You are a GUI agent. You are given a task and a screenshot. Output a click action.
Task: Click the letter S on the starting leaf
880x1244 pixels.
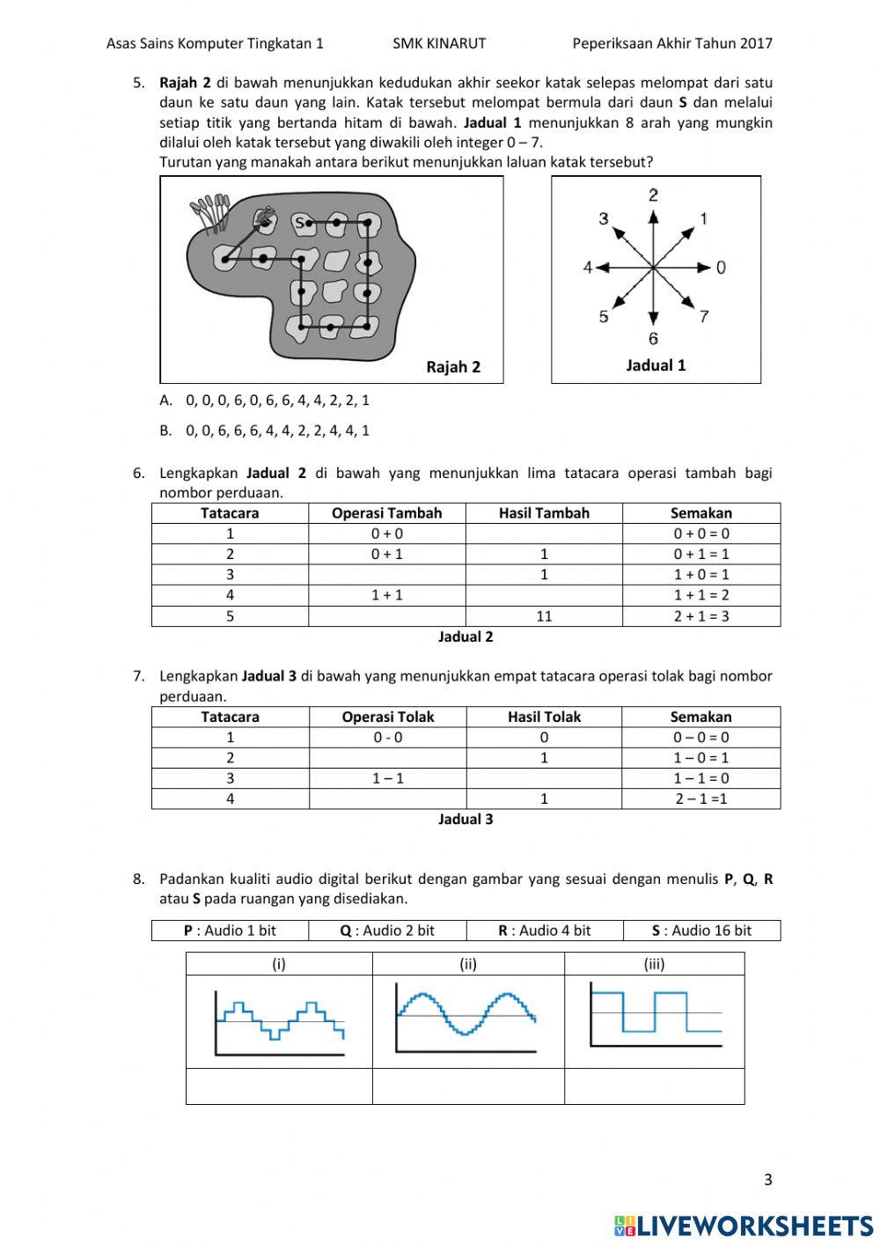click(x=299, y=223)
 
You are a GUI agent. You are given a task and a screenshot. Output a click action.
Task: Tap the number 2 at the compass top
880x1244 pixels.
click(x=653, y=195)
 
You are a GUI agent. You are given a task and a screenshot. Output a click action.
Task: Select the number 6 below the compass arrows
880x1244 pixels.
click(x=653, y=339)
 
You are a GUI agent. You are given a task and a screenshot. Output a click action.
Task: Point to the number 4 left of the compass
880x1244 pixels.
click(x=587, y=267)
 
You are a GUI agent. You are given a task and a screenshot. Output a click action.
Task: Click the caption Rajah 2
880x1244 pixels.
click(x=453, y=367)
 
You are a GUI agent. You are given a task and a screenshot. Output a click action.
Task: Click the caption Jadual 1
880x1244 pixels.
click(x=656, y=365)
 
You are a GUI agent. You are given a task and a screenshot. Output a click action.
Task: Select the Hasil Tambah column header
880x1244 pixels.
click(x=544, y=513)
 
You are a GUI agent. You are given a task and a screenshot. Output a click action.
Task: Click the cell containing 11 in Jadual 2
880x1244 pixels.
click(x=544, y=616)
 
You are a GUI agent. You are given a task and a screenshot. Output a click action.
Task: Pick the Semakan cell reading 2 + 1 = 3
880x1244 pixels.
click(x=701, y=616)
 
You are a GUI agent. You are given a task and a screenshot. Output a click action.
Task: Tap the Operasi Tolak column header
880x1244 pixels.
click(x=388, y=717)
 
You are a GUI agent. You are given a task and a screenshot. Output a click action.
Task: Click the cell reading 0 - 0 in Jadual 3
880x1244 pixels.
click(x=388, y=738)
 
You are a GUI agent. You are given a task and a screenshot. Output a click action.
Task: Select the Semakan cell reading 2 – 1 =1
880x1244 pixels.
click(x=701, y=799)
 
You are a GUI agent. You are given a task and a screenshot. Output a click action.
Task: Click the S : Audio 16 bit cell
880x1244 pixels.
click(x=701, y=931)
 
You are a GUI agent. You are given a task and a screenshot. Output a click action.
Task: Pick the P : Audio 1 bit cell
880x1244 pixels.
click(x=230, y=931)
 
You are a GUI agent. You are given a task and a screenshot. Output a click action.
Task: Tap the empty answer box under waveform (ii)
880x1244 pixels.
click(x=468, y=1086)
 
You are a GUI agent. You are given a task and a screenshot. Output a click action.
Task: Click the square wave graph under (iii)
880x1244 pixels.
click(x=655, y=1021)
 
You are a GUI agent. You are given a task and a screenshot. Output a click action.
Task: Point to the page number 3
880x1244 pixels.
click(x=767, y=1181)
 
